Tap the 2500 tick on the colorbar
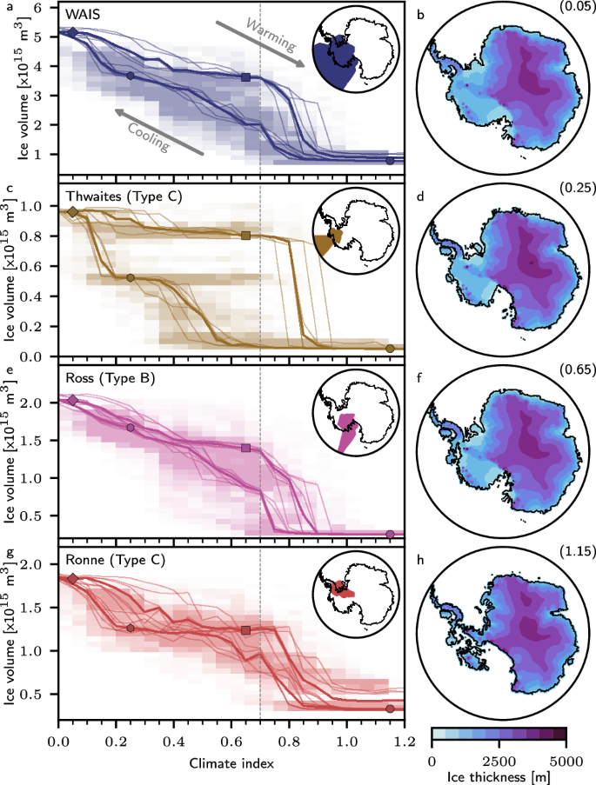[x=499, y=754]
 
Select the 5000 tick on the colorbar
[x=566, y=754]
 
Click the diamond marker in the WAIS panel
[x=73, y=32]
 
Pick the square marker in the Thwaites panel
[x=246, y=236]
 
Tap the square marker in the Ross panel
[x=246, y=448]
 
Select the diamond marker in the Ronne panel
[x=73, y=578]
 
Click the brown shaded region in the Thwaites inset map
[x=331, y=243]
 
